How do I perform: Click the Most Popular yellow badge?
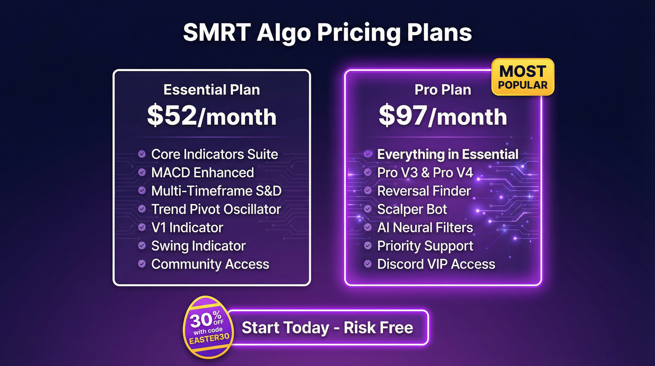pyautogui.click(x=523, y=77)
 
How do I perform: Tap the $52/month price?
pyautogui.click(x=212, y=116)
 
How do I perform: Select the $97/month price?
pyautogui.click(x=443, y=116)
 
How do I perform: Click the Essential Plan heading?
pyautogui.click(x=212, y=90)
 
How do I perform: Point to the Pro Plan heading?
pyautogui.click(x=443, y=90)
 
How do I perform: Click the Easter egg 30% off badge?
pyautogui.click(x=208, y=327)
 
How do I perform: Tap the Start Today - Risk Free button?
pyautogui.click(x=327, y=327)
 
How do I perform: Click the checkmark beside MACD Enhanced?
pyautogui.click(x=142, y=172)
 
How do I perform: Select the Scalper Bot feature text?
pyautogui.click(x=412, y=209)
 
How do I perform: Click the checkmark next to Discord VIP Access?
pyautogui.click(x=368, y=264)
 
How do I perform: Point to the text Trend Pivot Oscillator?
pyautogui.click(x=216, y=209)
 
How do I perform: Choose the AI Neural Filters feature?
pyautogui.click(x=425, y=228)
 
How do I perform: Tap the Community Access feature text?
pyautogui.click(x=210, y=264)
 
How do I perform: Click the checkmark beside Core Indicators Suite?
pyautogui.click(x=142, y=154)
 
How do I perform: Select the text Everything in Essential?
pyautogui.click(x=447, y=154)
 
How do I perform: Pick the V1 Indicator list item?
pyautogui.click(x=187, y=228)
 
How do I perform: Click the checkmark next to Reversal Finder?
pyautogui.click(x=368, y=191)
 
